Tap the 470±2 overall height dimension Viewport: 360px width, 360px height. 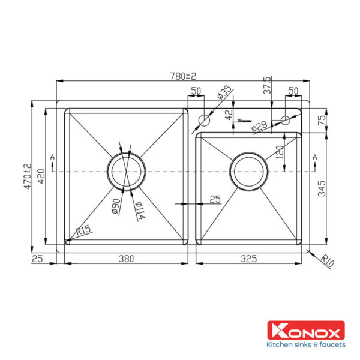click(x=26, y=177)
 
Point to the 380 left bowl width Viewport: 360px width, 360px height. click(x=125, y=259)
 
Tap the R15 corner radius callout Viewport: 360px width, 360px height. click(x=83, y=230)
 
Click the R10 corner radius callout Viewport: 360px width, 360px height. click(x=328, y=260)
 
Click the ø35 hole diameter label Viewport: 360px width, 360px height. click(x=223, y=94)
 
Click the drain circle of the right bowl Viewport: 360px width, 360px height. click(x=248, y=172)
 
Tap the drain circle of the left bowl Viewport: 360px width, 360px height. click(x=126, y=172)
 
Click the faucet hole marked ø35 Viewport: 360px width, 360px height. click(x=205, y=119)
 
